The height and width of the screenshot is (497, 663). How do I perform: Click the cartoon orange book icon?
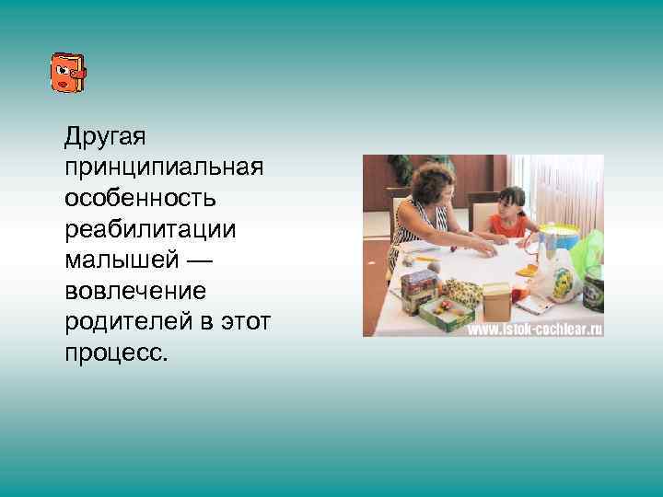point(67,73)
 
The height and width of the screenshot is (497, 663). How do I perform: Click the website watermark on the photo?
point(534,329)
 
